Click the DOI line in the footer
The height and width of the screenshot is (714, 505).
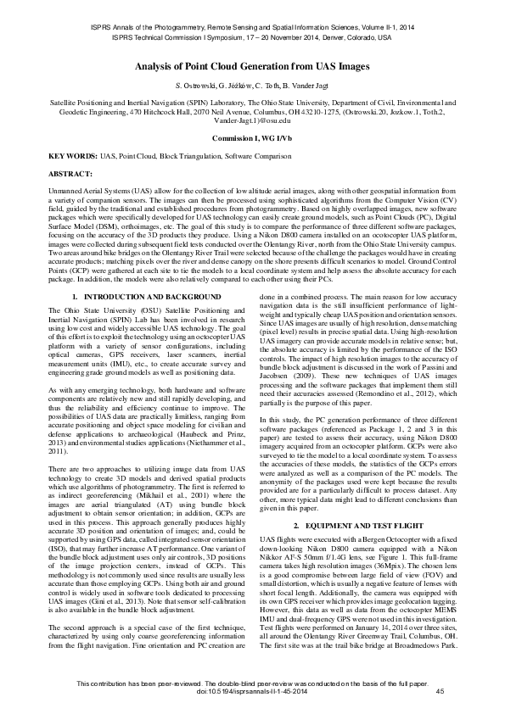pyautogui.click(x=252, y=693)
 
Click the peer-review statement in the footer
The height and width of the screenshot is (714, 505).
pyautogui.click(x=252, y=683)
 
